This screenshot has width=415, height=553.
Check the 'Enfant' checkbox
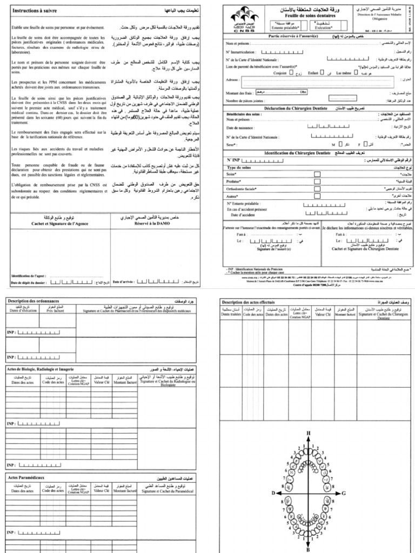[x=323, y=71]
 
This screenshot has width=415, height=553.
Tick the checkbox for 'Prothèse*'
[x=317, y=181]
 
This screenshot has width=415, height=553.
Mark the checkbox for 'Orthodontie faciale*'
[x=317, y=189]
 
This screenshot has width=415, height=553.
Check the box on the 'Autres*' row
[x=317, y=197]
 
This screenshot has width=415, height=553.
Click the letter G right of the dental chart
[x=344, y=494]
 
